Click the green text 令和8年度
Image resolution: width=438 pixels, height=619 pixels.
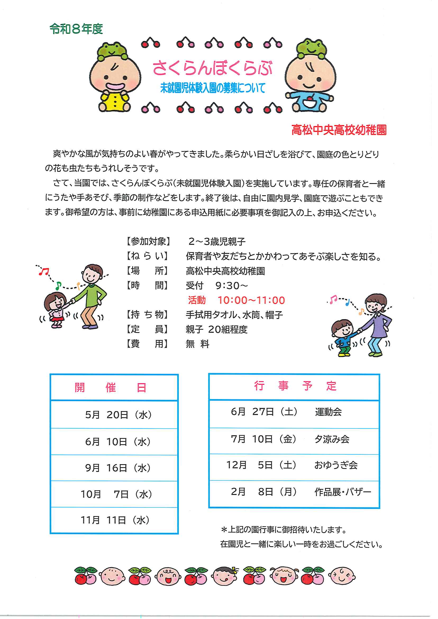[x=76, y=29]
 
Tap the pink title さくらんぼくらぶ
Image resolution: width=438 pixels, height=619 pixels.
[x=213, y=68]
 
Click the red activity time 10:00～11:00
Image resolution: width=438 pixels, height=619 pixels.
[x=251, y=300]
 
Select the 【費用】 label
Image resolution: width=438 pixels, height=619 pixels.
[x=148, y=344]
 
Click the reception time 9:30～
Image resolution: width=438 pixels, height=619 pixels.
[x=231, y=286]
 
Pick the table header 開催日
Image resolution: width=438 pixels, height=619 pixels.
[x=111, y=388]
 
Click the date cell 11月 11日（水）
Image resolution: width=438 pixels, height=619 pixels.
[x=115, y=520]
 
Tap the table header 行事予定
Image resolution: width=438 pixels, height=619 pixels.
[x=295, y=386]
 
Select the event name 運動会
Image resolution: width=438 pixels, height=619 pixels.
[x=328, y=412]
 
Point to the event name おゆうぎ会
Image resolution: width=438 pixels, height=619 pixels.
[x=336, y=465]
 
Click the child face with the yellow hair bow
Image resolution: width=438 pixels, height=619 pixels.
[x=225, y=576]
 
